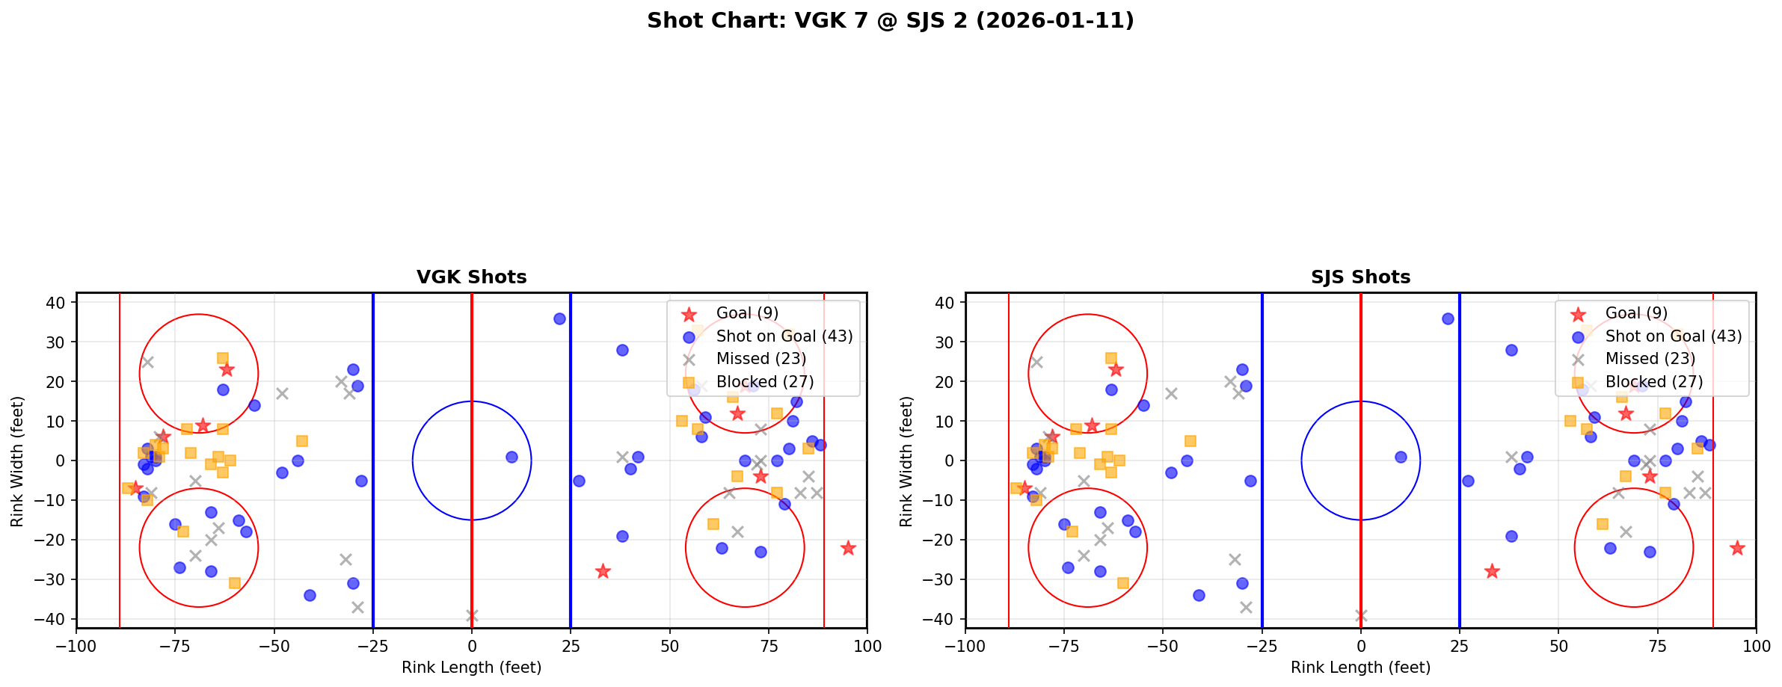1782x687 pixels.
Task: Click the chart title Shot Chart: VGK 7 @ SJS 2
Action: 890,21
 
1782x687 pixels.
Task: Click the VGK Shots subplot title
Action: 471,277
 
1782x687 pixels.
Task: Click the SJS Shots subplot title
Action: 1360,277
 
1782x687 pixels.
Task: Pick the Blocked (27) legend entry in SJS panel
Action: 1653,382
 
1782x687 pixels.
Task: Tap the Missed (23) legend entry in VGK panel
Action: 761,359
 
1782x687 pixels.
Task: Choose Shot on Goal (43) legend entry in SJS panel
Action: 1673,336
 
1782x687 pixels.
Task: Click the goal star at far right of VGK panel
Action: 847,548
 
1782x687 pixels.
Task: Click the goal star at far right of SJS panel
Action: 1736,548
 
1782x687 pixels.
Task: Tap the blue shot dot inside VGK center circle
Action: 511,457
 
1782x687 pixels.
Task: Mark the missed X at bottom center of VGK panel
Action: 472,615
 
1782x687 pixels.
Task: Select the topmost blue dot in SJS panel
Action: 1448,318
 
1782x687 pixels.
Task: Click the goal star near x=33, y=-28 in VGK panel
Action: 603,572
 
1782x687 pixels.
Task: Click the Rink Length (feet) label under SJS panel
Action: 1360,668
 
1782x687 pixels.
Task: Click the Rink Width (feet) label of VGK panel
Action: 17,460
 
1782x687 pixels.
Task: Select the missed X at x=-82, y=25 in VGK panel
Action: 147,362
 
